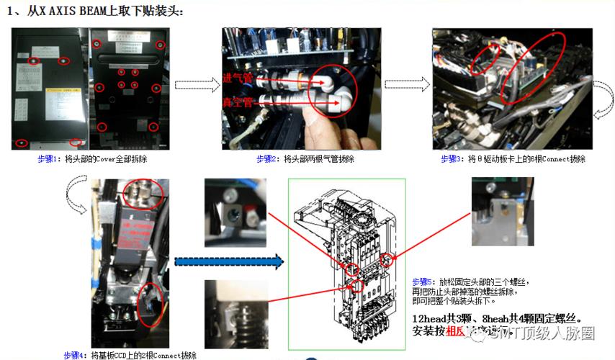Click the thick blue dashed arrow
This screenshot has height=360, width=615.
coord(229,262)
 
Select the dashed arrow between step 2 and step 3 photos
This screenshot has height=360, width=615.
coord(405,84)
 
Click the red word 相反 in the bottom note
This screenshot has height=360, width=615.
coord(457,331)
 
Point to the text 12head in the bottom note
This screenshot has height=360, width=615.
coord(430,318)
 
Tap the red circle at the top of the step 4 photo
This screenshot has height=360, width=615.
coord(138,192)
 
